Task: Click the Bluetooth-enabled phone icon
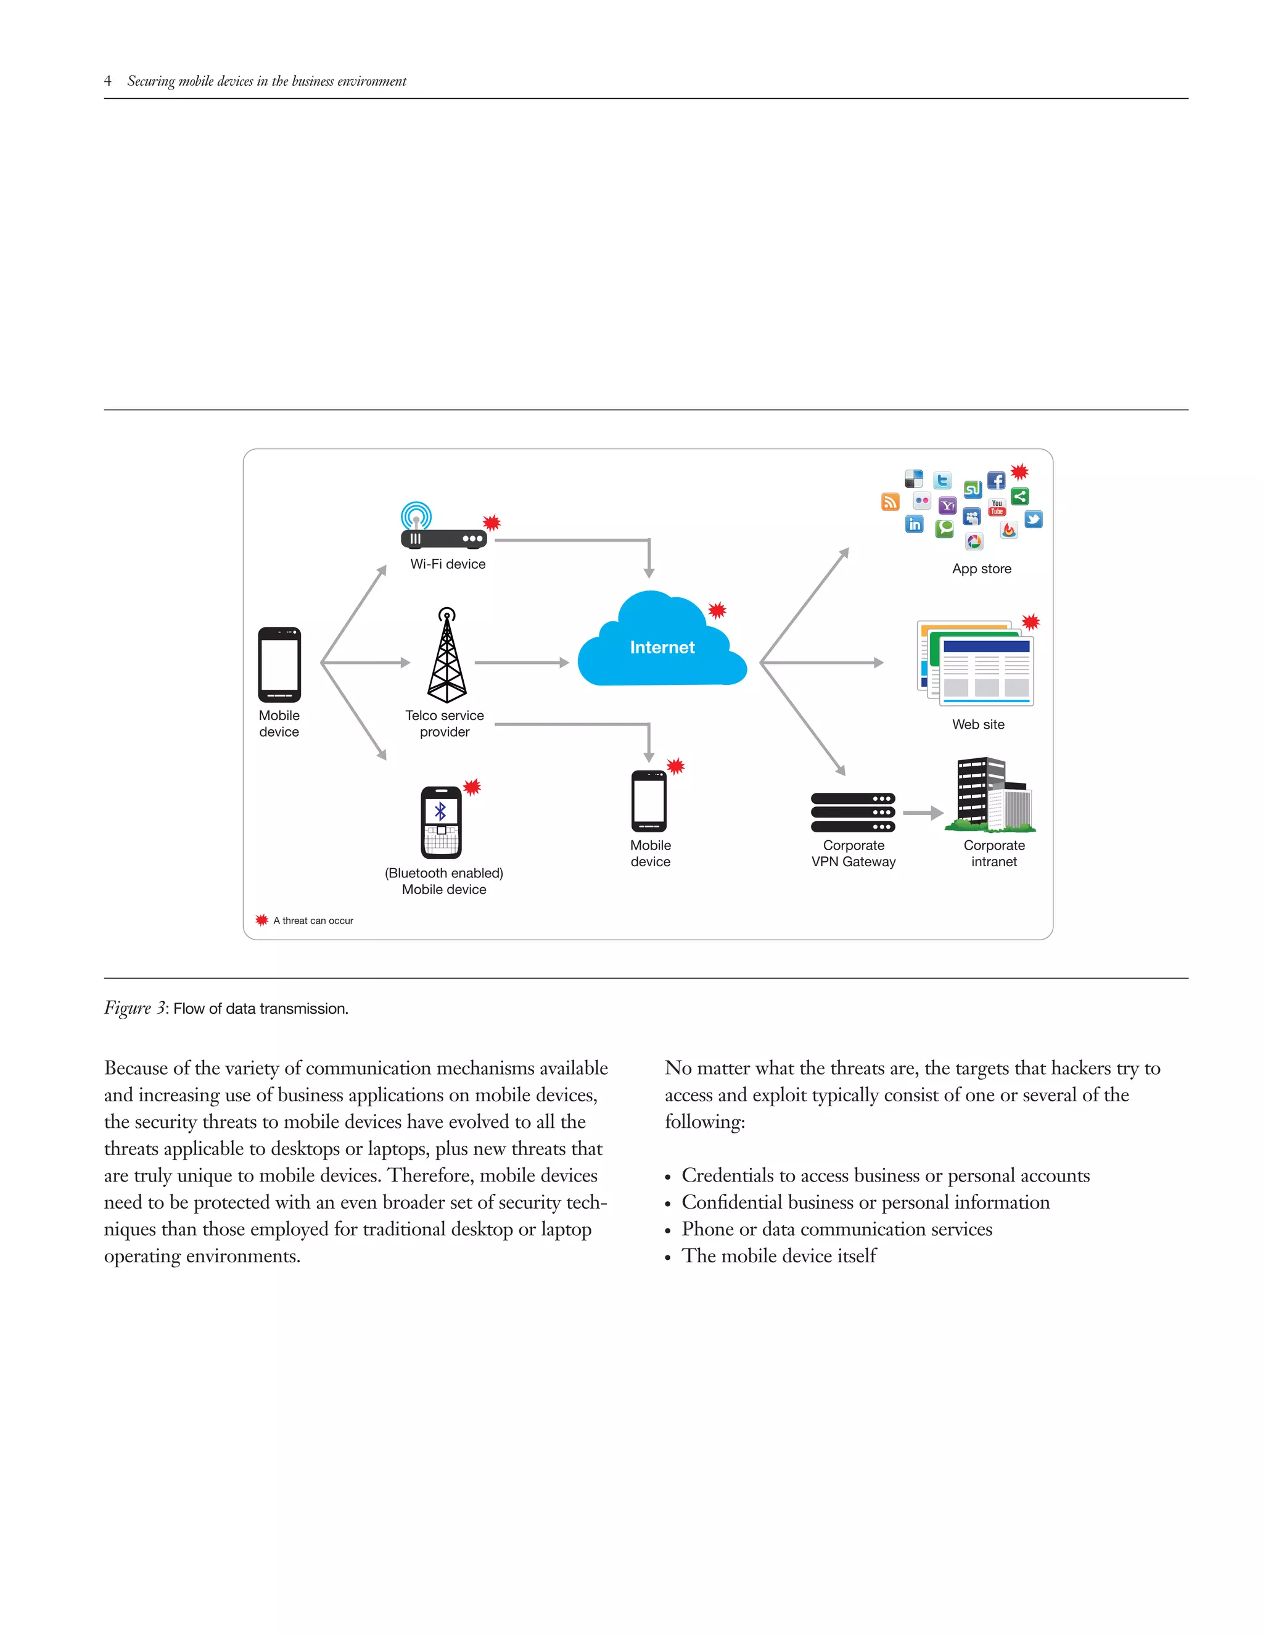tap(442, 822)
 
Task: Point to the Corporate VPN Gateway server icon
tap(852, 813)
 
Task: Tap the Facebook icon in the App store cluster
tap(996, 481)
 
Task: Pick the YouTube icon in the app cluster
tap(997, 508)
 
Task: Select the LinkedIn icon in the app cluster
tap(915, 524)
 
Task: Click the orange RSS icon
tap(890, 502)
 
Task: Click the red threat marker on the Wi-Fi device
tap(491, 523)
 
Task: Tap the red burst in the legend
tap(261, 920)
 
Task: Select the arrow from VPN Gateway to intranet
tap(923, 813)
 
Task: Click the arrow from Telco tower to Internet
tap(522, 663)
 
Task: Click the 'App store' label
tap(982, 569)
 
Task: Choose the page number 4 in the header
tap(108, 81)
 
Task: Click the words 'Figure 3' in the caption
tap(134, 1008)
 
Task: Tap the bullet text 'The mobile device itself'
tap(778, 1256)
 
